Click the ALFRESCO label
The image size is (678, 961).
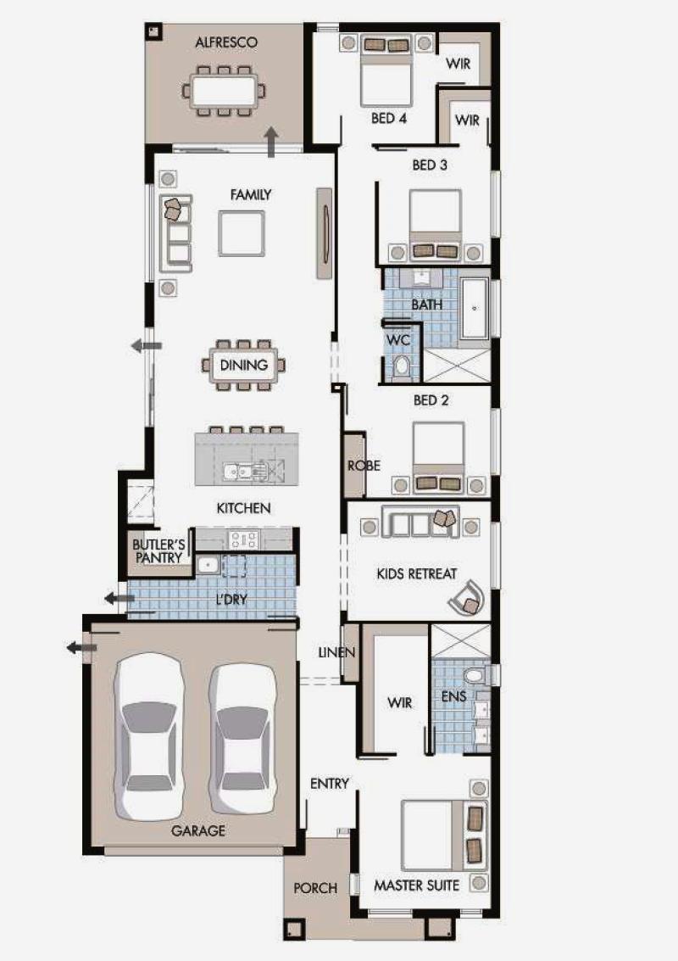coord(226,43)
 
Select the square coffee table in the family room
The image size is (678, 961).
coord(242,233)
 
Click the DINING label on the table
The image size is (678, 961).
coord(244,366)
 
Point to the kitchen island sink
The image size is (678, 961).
coord(244,472)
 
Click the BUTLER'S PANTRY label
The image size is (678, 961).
coord(158,551)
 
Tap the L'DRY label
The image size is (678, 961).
coord(231,600)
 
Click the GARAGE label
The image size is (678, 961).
coord(197,831)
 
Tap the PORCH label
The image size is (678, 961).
coord(315,888)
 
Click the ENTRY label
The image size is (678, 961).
coord(330,783)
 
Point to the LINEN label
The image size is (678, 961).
coord(336,653)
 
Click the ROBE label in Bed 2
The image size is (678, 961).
coord(364,466)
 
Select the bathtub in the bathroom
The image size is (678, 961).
coord(475,309)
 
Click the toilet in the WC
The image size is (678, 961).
coord(401,366)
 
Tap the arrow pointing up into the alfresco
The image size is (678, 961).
coord(272,142)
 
